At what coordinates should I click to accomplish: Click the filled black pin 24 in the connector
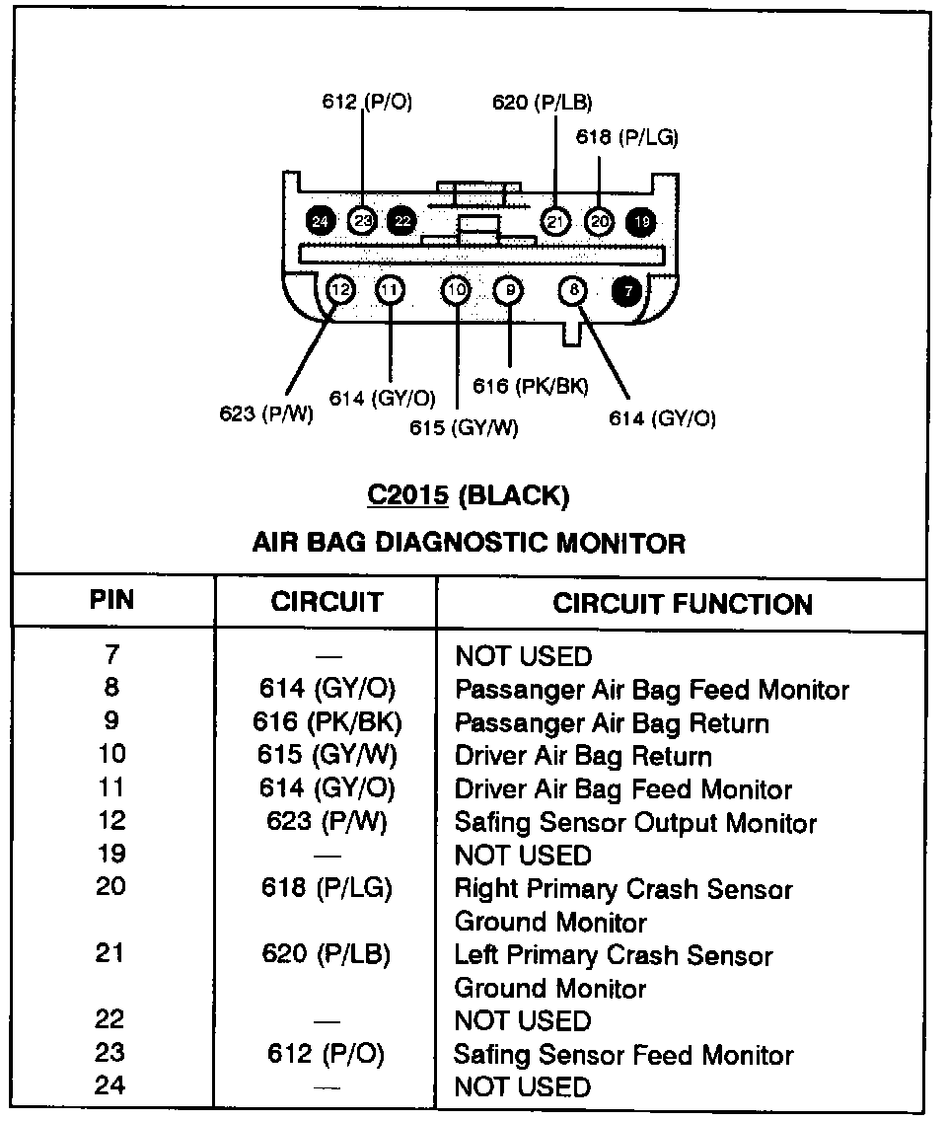click(319, 221)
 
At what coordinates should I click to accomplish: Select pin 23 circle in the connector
click(362, 221)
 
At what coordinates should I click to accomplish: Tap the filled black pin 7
click(626, 290)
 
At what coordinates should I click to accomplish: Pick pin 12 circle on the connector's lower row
click(339, 290)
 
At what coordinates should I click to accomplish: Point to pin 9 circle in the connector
click(509, 290)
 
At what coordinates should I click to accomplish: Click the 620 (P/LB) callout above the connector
click(542, 102)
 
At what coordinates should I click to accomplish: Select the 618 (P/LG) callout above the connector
click(626, 138)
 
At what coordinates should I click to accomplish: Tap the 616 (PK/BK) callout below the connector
click(530, 386)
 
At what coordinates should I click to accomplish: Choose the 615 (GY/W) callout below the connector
click(464, 427)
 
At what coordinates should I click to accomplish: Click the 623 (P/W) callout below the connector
click(265, 413)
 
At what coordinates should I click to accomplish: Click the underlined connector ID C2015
click(407, 495)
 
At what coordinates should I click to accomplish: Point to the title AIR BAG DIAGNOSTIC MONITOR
click(469, 542)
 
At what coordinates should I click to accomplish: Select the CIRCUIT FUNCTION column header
click(683, 604)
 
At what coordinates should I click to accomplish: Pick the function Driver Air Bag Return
click(583, 757)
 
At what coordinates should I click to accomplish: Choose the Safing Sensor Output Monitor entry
click(635, 823)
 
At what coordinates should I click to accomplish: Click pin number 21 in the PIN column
click(111, 955)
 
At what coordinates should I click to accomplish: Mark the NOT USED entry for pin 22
click(523, 1021)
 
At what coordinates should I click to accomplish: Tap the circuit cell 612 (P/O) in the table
click(327, 1054)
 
